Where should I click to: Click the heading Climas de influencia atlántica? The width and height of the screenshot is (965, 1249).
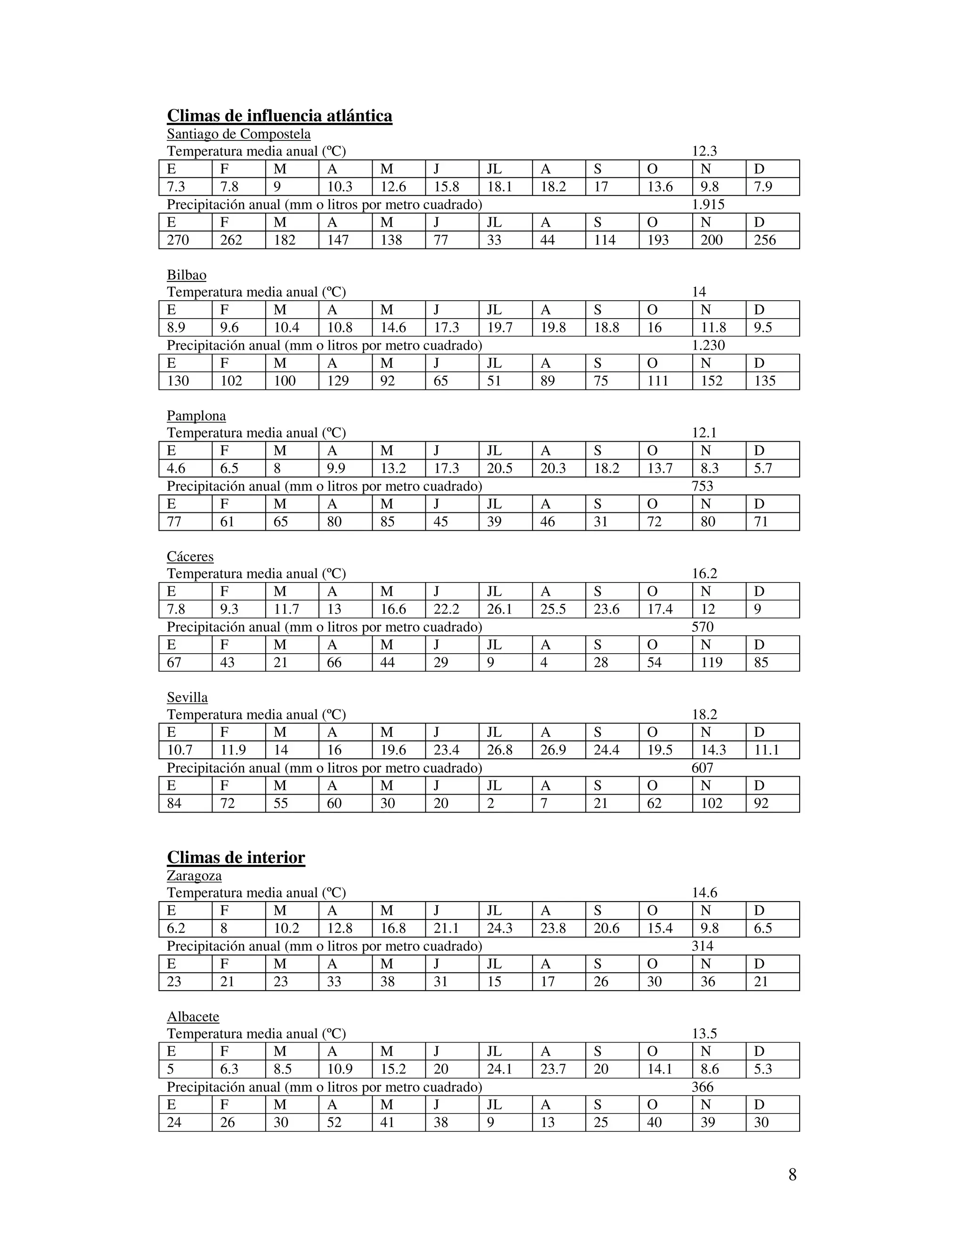[x=279, y=116]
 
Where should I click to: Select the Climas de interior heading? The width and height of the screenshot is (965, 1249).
[x=236, y=857]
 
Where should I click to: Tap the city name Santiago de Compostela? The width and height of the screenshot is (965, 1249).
[x=238, y=134]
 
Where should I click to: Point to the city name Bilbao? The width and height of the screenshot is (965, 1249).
[x=187, y=275]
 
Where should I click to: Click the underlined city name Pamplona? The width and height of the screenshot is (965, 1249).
[x=196, y=416]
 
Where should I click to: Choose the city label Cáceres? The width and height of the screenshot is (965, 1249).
[x=190, y=557]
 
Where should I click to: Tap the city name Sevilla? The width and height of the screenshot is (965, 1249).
[x=187, y=698]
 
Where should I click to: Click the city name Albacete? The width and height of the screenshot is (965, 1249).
[x=193, y=1016]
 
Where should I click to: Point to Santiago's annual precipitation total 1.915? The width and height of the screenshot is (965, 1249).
[x=708, y=205]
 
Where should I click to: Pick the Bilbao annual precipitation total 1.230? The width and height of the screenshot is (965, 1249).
[x=708, y=345]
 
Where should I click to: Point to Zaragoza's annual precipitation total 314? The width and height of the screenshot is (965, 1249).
[x=702, y=946]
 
